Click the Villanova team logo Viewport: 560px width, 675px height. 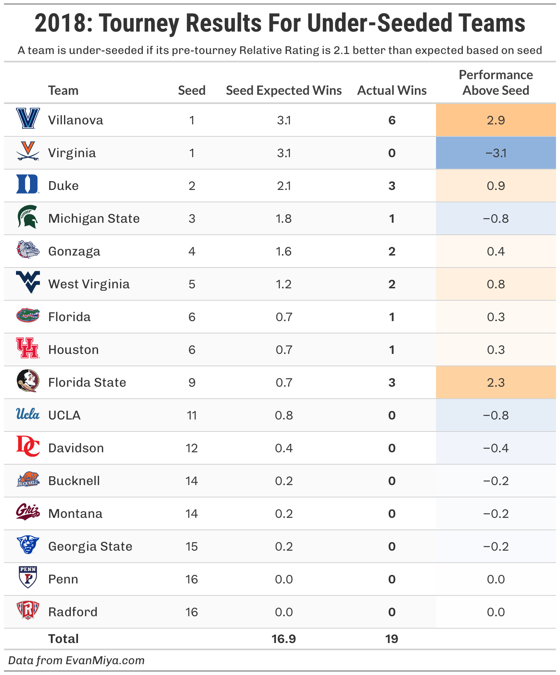(x=28, y=118)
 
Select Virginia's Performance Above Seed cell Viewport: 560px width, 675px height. (x=496, y=153)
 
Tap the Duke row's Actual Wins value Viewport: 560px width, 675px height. (x=392, y=186)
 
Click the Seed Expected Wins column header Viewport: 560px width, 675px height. (x=284, y=90)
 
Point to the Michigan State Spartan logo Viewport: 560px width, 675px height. (x=28, y=217)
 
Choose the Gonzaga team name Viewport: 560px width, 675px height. (x=74, y=252)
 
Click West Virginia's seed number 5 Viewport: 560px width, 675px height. (x=192, y=284)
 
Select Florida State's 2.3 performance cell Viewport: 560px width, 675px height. (x=496, y=383)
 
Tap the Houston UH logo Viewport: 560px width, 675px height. (x=27, y=348)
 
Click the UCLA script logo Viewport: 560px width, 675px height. (x=28, y=414)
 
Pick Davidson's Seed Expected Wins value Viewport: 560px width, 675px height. (x=284, y=448)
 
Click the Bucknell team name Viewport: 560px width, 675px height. (x=74, y=481)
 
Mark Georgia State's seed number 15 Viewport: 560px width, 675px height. (x=192, y=547)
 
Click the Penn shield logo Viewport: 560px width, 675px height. (x=28, y=577)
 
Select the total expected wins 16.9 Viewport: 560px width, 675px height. (x=284, y=639)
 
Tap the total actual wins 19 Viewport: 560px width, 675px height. (x=392, y=639)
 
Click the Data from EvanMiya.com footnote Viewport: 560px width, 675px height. (x=76, y=660)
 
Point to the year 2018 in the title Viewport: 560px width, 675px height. (x=60, y=23)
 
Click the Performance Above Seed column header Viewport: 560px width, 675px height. (x=496, y=83)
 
